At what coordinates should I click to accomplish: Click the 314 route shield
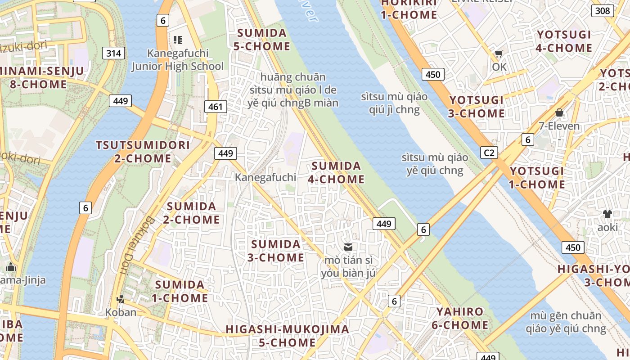pos(114,54)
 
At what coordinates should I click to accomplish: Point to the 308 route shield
pos(602,11)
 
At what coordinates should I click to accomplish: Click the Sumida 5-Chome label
pos(262,40)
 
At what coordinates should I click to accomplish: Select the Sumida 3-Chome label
pos(276,251)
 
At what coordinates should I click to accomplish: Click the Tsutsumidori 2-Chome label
pos(143,152)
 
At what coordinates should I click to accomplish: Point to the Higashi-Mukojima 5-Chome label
pos(287,336)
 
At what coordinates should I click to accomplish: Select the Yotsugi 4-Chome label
pos(564,41)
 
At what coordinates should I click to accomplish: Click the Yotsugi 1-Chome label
pos(537,178)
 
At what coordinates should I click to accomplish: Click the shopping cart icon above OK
pos(499,54)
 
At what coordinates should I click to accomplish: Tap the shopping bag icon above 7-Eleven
pos(559,112)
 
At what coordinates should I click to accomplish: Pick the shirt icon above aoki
pos(607,214)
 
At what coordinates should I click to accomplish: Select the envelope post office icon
pos(348,247)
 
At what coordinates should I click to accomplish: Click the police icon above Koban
pos(120,298)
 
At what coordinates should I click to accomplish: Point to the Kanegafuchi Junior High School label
pos(177,60)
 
